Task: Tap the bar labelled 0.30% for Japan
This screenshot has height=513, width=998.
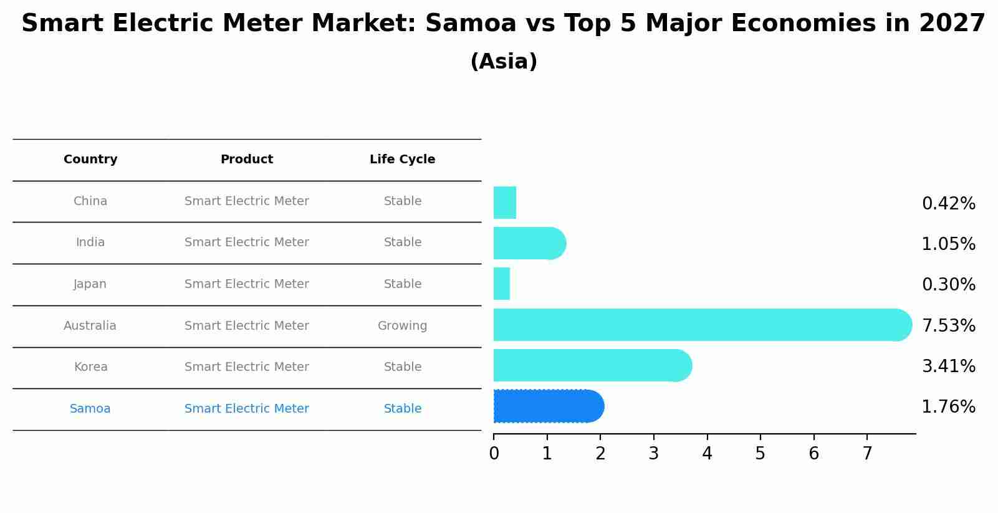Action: (502, 284)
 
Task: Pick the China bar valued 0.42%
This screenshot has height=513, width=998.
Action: (505, 203)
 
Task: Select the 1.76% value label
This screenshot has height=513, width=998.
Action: (948, 407)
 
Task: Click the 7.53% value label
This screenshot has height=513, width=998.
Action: (948, 325)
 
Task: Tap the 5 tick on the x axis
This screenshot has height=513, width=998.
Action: (760, 454)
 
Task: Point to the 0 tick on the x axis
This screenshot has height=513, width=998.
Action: (494, 454)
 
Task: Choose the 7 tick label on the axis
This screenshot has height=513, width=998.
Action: (867, 454)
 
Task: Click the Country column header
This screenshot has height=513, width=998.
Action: (90, 160)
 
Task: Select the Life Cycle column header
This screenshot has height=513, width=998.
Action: (402, 160)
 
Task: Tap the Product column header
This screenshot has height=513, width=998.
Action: (247, 160)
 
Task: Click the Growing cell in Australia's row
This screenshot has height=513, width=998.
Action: (402, 326)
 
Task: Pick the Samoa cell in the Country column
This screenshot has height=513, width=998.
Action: (90, 409)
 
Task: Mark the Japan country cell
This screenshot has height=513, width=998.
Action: (90, 284)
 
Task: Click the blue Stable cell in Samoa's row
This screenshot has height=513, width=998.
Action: (402, 409)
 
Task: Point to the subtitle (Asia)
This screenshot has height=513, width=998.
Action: (504, 62)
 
